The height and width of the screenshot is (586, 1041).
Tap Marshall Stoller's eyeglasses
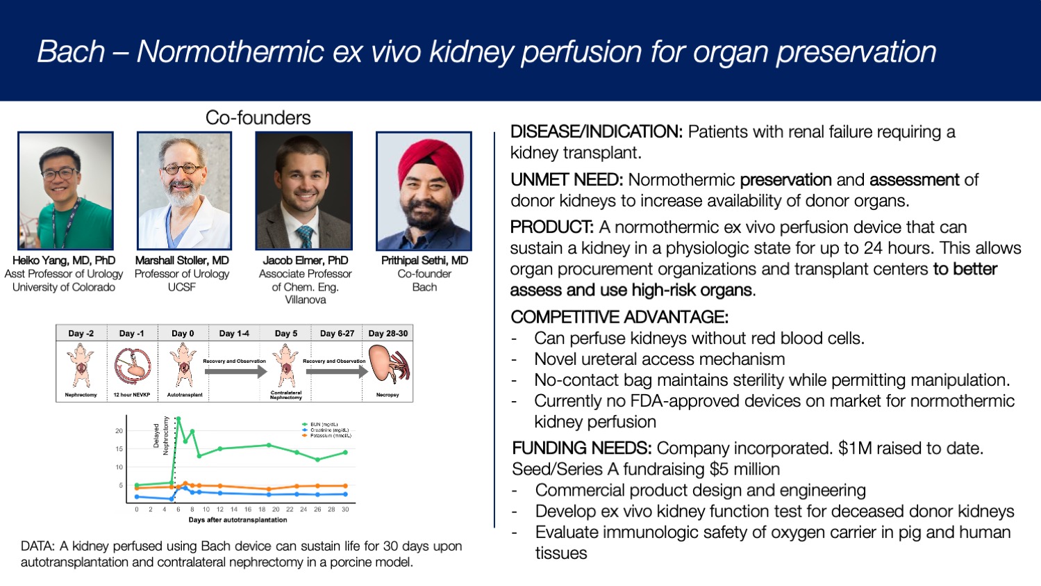pos(183,169)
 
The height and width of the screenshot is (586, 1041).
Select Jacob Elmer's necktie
pos(303,236)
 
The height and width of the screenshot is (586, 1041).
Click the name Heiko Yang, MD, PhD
pos(64,260)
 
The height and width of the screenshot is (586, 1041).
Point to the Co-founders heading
pos(258,117)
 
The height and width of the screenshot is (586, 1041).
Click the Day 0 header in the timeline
pos(183,334)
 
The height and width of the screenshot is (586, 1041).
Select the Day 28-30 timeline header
pos(388,334)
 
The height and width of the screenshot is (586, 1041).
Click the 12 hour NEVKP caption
pos(131,395)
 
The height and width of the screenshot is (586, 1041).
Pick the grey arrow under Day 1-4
pos(235,372)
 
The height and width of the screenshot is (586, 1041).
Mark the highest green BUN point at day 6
pos(178,418)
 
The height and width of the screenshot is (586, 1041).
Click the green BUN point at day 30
pos(345,453)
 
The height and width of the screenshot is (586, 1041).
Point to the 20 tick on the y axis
pos(119,431)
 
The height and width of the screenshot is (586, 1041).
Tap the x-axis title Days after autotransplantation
pos(238,520)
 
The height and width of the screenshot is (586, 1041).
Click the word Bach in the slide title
pos(71,51)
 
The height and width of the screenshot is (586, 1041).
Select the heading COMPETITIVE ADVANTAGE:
pos(619,317)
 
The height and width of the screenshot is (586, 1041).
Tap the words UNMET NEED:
pos(566,180)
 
